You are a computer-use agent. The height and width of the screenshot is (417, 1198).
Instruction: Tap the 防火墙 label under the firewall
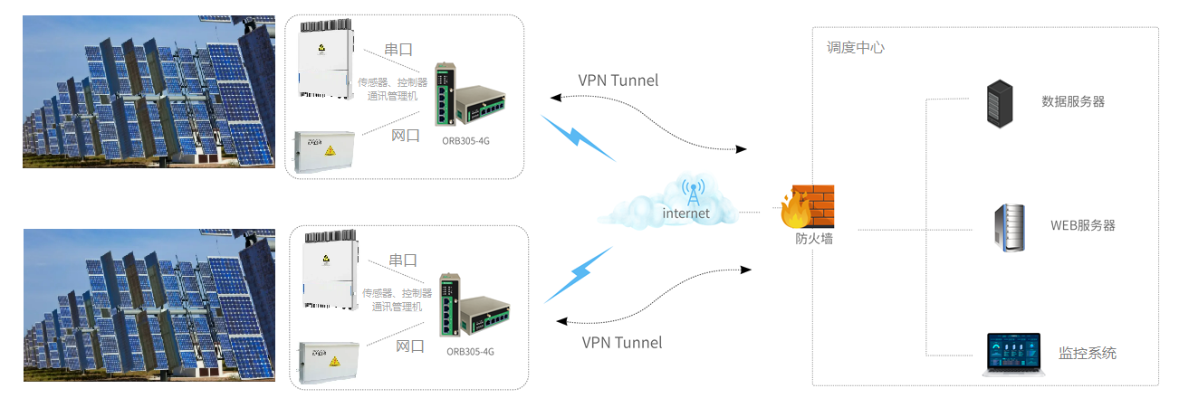(x=814, y=239)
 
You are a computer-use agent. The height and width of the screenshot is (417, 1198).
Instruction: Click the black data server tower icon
(x=999, y=102)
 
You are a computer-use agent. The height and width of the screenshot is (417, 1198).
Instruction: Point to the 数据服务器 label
(x=1073, y=102)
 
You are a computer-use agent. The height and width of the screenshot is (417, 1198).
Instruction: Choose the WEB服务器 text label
(x=1082, y=225)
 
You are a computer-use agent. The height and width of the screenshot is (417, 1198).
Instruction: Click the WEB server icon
(x=1011, y=227)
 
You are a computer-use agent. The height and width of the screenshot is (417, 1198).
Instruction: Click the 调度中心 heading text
(x=855, y=48)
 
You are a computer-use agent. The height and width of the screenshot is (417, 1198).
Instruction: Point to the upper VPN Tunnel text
(x=618, y=81)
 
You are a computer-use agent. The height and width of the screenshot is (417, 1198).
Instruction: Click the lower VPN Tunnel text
(x=622, y=343)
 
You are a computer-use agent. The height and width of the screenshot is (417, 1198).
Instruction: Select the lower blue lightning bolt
(x=580, y=273)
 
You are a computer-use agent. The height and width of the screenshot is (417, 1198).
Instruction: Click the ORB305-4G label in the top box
(x=465, y=141)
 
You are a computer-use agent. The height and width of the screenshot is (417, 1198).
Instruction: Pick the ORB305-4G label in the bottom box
(x=471, y=352)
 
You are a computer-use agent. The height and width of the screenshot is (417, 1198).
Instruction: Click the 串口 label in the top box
(x=398, y=50)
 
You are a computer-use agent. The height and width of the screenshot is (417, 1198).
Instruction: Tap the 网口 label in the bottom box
(x=410, y=346)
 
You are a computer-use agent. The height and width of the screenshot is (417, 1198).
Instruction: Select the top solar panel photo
(x=149, y=91)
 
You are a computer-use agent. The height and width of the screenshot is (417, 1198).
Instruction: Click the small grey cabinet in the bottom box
(x=330, y=361)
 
